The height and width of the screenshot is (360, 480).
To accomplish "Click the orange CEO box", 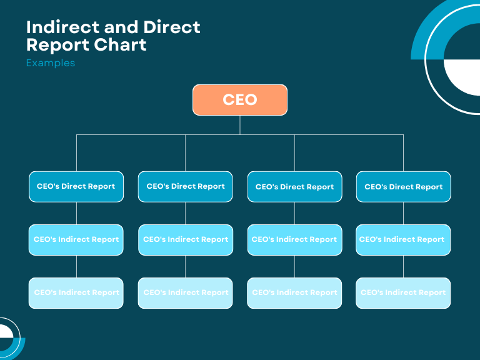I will pos(239,100).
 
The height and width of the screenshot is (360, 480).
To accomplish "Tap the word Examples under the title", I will pos(51,63).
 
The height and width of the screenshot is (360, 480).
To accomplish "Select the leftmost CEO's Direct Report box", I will pos(76,186).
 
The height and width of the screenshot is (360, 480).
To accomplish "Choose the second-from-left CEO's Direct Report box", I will pos(186,186).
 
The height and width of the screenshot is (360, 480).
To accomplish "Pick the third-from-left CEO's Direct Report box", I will pos(294,186).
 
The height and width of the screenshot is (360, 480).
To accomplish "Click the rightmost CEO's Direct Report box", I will pos(403,186).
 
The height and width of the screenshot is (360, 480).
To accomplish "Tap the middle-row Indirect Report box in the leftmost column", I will pos(76,239).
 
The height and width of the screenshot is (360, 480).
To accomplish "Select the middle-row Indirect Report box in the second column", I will pos(186,239).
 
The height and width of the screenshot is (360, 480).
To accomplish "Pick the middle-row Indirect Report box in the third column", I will pos(294,239).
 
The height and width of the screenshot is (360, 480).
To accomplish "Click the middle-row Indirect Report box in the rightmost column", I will pos(403,239).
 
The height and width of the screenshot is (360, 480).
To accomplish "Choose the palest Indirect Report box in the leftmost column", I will pos(76,292).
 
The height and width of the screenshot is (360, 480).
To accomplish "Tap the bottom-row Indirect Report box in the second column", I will pos(186,292).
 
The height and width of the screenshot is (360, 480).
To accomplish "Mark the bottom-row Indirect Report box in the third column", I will pos(294,292).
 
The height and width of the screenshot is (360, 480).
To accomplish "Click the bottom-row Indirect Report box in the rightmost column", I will pos(403,292).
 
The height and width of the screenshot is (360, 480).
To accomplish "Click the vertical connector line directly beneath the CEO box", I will pos(239,124).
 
